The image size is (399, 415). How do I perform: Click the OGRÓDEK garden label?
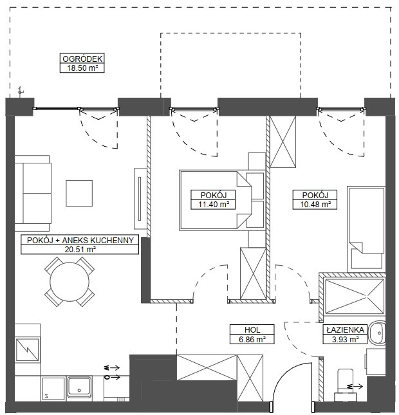point(82,59)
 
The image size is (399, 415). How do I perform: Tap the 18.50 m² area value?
point(82,68)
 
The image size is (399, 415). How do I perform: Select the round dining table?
point(70,282)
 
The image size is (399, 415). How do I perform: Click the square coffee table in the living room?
point(79,193)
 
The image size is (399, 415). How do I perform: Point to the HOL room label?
point(252,330)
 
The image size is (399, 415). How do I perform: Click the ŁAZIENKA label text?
point(345,330)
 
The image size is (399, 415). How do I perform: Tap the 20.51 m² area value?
point(80,249)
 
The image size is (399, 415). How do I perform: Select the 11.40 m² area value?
point(214,205)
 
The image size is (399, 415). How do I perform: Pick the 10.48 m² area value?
point(315,205)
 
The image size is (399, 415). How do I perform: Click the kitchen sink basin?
point(79,387)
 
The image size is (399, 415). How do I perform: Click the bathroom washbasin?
point(377,333)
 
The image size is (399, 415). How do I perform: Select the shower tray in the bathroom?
point(354,297)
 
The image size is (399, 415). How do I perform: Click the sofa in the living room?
point(33,193)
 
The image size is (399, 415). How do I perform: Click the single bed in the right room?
point(366,229)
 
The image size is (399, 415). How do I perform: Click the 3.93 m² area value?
point(345,339)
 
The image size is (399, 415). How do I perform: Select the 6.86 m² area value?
point(252,339)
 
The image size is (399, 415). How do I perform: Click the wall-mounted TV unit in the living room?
point(140,199)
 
